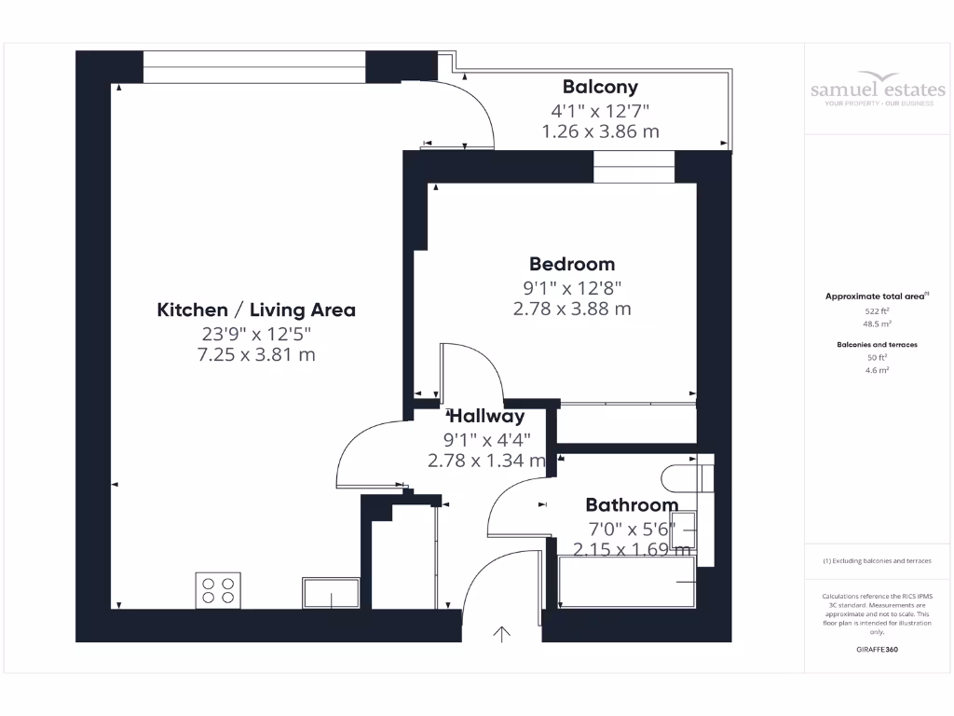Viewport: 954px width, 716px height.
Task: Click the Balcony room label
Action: [x=601, y=88]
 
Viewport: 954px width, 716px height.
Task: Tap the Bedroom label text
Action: [x=572, y=264]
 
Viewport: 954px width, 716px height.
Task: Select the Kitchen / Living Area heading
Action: [x=256, y=310]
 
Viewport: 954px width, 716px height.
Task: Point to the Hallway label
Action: [x=486, y=417]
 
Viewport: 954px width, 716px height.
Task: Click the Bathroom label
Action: [x=632, y=505]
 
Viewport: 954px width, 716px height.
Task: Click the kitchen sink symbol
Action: [x=331, y=593]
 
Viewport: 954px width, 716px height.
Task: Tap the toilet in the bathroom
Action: [x=685, y=477]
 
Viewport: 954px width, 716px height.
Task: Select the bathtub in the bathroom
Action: [x=627, y=582]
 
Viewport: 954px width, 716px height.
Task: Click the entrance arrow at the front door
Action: [x=501, y=634]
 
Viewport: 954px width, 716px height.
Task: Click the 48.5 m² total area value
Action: [x=877, y=324]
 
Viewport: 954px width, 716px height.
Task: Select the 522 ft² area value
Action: [x=877, y=310]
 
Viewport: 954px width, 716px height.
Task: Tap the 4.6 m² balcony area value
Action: [x=877, y=370]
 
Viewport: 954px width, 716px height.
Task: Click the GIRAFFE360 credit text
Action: [x=877, y=649]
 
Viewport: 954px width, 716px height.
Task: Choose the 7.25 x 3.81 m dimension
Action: [x=256, y=354]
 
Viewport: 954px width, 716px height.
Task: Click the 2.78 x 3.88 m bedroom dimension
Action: [x=572, y=308]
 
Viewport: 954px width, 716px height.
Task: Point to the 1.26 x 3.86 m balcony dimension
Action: [x=601, y=131]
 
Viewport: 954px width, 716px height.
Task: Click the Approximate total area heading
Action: [x=877, y=296]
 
